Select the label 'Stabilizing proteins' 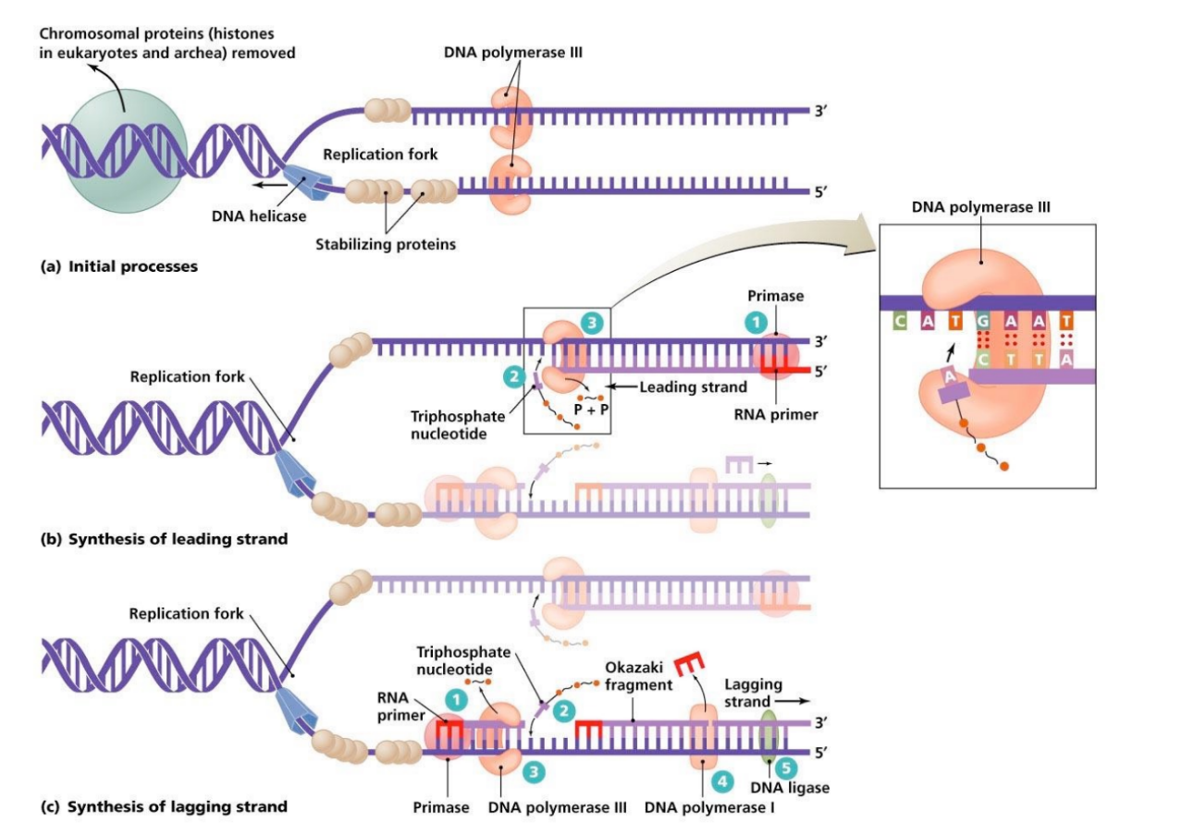(x=386, y=245)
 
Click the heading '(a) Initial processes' (x=118, y=267)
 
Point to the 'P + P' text (x=589, y=411)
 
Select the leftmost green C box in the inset (x=897, y=321)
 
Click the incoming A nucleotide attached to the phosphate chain (x=947, y=399)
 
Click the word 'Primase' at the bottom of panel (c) (x=444, y=806)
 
